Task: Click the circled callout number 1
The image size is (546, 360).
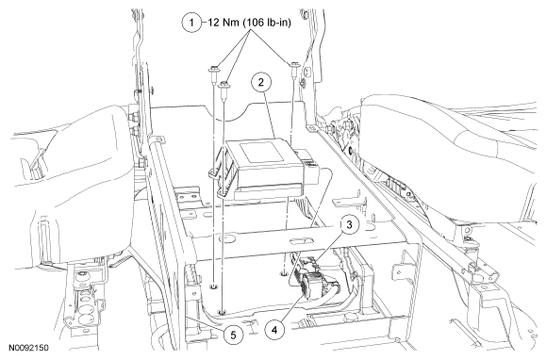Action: pyautogui.click(x=191, y=23)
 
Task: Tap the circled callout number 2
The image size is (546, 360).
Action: pyautogui.click(x=261, y=83)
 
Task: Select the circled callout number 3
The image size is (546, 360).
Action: pyautogui.click(x=349, y=225)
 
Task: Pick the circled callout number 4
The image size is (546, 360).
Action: pyautogui.click(x=274, y=329)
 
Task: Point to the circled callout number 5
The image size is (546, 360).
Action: pyautogui.click(x=233, y=335)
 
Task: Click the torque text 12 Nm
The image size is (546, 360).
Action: pyautogui.click(x=223, y=23)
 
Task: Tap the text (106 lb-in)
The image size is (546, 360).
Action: pyautogui.click(x=267, y=23)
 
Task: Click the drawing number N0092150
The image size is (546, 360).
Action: pyautogui.click(x=28, y=348)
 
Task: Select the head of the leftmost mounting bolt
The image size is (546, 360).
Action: pyautogui.click(x=213, y=69)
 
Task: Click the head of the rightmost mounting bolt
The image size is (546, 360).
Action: pyautogui.click(x=292, y=65)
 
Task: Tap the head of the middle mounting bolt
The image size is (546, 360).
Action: pyautogui.click(x=223, y=85)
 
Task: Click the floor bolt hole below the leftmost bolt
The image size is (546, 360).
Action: pyautogui.click(x=213, y=286)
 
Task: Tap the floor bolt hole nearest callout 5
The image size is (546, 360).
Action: pyautogui.click(x=221, y=312)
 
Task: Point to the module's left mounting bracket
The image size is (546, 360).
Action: pyautogui.click(x=219, y=172)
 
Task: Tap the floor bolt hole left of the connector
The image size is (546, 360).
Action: pyautogui.click(x=284, y=273)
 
